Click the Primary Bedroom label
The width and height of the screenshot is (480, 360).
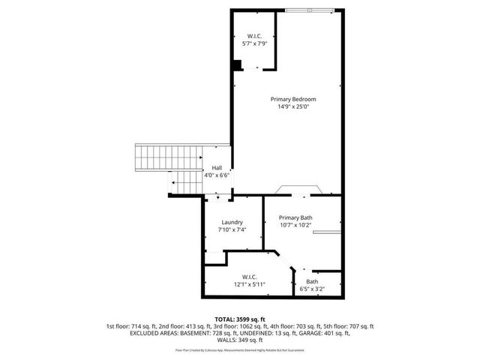[293, 99]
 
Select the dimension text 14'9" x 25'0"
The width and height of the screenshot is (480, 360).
[293, 106]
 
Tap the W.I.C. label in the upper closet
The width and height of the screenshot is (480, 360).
[254, 36]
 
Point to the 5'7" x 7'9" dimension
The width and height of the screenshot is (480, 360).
[254, 43]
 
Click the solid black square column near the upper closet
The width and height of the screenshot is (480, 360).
[236, 66]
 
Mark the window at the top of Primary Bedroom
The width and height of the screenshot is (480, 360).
[309, 10]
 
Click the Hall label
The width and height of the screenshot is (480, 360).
[217, 167]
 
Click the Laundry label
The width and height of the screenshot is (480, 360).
[232, 222]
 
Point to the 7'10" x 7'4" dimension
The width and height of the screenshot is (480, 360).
[232, 229]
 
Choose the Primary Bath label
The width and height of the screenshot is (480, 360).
[295, 217]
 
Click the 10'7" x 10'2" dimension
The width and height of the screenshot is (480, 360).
[295, 225]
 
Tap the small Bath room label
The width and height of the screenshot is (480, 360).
[311, 281]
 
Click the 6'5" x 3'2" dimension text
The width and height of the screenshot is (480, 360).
[311, 289]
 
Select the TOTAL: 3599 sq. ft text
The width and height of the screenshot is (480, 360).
[240, 319]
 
